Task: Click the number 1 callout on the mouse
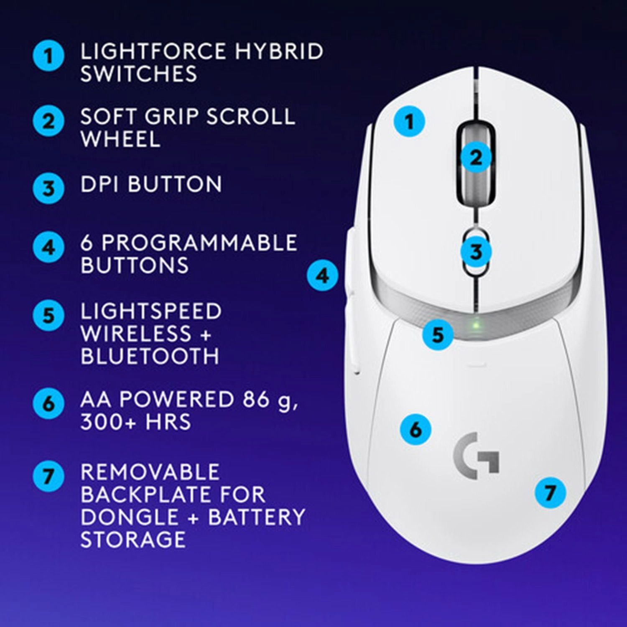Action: (x=409, y=122)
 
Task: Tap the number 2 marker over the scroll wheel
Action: (x=476, y=158)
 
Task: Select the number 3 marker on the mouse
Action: (x=476, y=252)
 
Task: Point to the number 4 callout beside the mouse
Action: (x=322, y=276)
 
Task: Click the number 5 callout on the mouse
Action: (x=437, y=334)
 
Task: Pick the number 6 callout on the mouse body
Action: (x=415, y=429)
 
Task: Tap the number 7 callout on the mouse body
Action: (x=550, y=492)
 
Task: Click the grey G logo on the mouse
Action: (x=477, y=456)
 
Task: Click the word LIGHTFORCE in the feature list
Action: (x=153, y=51)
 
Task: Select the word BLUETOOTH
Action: (x=150, y=356)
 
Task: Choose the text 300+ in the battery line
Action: (x=108, y=421)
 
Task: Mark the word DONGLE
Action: (x=130, y=517)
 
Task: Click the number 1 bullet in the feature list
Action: (x=48, y=56)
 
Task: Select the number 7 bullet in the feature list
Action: (x=48, y=476)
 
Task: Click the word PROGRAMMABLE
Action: (x=199, y=243)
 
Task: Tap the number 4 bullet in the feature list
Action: (x=48, y=247)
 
